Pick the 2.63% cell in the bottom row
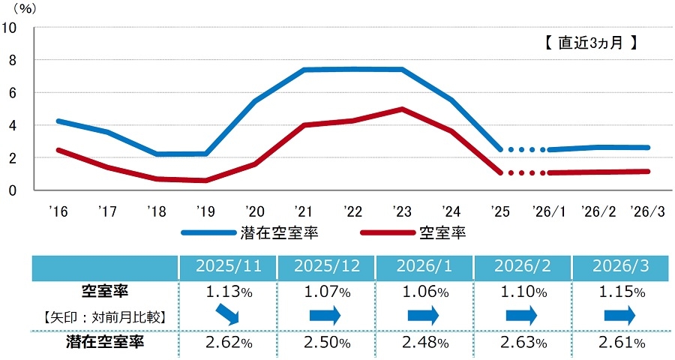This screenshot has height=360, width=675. [x=522, y=343]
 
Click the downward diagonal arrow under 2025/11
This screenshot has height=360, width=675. [x=227, y=315]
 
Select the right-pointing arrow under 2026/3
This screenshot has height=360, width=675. [x=619, y=316]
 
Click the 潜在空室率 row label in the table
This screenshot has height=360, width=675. [x=103, y=343]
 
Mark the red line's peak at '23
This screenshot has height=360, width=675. [x=403, y=109]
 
